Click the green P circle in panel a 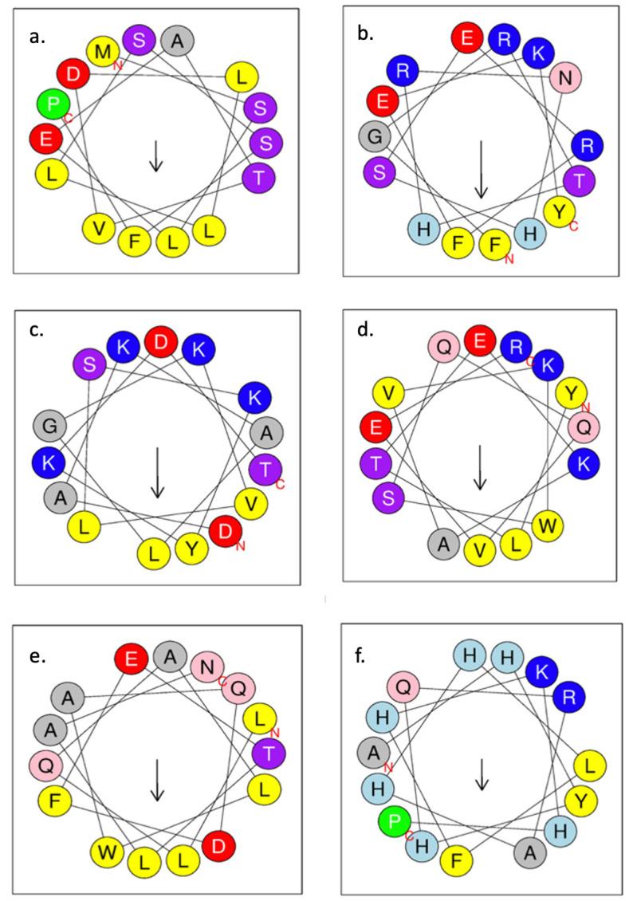coord(53,103)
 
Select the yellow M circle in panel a coord(103,51)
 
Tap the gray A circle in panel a coord(176,40)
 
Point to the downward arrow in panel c coord(158,472)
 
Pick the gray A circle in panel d coord(445,545)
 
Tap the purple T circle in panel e coord(269,753)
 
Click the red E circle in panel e coord(131,659)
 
